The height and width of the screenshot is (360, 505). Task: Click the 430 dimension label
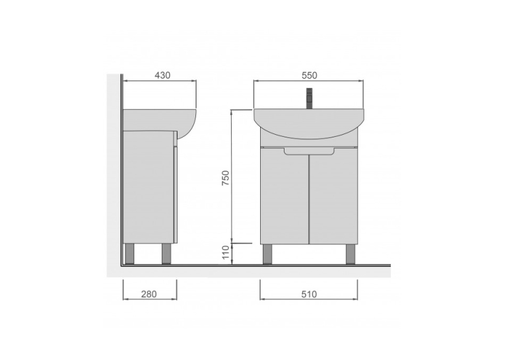pos(162,75)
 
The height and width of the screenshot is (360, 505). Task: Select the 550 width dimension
pos(309,75)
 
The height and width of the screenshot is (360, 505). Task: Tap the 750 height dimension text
pos(226,178)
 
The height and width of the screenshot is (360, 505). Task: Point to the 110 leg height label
pos(226,252)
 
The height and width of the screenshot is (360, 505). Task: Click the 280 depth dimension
pos(149,294)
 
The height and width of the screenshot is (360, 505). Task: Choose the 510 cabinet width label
pos(309,294)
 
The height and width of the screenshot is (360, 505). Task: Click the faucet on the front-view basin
pos(309,98)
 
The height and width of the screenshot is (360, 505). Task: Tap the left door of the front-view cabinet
pos(285,196)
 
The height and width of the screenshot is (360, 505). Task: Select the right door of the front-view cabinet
pos(333,196)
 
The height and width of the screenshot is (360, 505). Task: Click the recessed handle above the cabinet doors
pos(309,152)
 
